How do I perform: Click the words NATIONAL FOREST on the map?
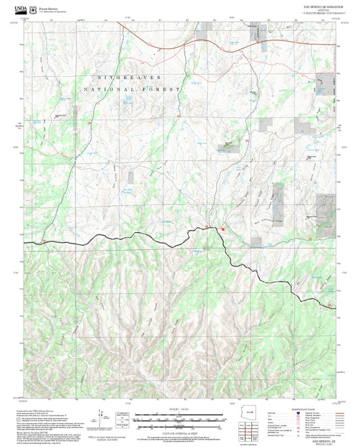coord(132,89)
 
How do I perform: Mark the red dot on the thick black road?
coord(222,229)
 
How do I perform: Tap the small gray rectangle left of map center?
coord(130,176)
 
